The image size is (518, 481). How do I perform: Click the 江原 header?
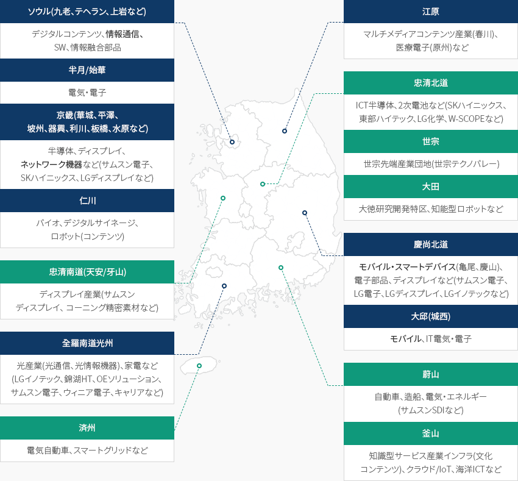[x=430, y=12]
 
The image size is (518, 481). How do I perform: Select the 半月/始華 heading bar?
[x=87, y=70]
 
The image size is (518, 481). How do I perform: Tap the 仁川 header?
[x=87, y=201]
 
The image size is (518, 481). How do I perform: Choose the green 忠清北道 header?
[x=430, y=83]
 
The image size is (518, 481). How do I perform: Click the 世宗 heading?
[x=430, y=141]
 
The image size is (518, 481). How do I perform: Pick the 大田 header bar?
[x=430, y=187]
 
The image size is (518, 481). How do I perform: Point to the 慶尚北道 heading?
[x=430, y=244]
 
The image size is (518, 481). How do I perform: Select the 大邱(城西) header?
[x=430, y=316]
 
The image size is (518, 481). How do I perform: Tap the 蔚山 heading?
[x=430, y=374]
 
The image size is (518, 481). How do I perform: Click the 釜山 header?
[x=430, y=433]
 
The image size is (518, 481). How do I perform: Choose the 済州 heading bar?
[x=87, y=428]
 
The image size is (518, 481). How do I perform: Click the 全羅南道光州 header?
[x=87, y=343]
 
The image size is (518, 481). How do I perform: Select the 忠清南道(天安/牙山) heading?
[x=87, y=272]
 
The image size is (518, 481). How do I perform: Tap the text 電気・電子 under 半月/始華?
[x=87, y=93]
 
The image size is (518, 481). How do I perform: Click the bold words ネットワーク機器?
[x=51, y=165]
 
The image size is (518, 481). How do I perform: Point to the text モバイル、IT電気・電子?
[x=430, y=339]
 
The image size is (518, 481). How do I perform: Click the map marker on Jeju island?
[x=199, y=366]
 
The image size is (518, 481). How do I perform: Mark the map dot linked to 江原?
[x=285, y=131]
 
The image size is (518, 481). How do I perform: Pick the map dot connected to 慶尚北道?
[x=305, y=213]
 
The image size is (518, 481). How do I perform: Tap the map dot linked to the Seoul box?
[x=232, y=142]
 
